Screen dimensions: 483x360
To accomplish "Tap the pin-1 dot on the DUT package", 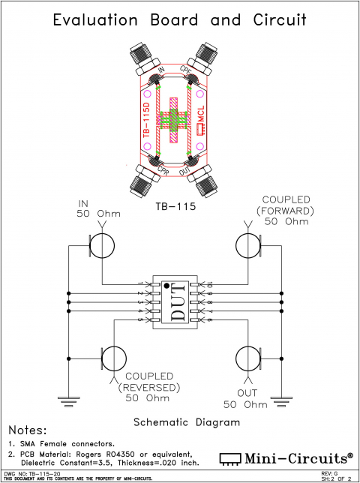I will (x=166, y=286).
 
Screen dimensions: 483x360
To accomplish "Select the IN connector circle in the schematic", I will (x=102, y=244).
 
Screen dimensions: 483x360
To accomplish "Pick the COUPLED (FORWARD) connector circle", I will (x=248, y=244).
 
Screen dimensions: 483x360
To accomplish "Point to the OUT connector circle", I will (x=248, y=358).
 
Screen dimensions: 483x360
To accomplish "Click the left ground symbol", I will (x=69, y=400).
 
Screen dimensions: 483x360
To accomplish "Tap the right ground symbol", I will (x=280, y=400).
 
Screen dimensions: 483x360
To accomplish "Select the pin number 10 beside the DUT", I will (x=210, y=284).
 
